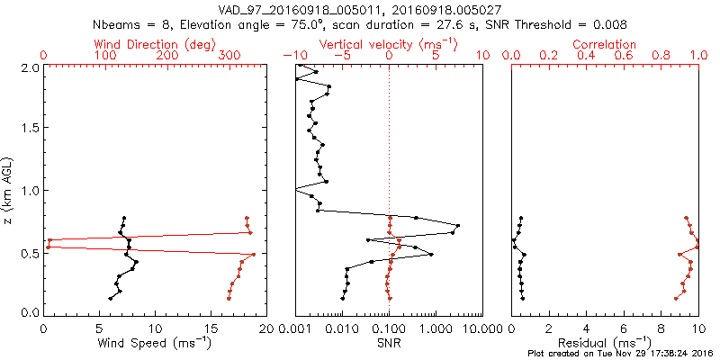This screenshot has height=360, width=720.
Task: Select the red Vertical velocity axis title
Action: pyautogui.click(x=389, y=44)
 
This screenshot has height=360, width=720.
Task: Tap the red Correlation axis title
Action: pyautogui.click(x=605, y=44)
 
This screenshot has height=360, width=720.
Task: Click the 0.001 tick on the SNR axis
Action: pyautogui.click(x=295, y=327)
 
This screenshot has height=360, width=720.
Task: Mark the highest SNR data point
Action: pyautogui.click(x=458, y=225)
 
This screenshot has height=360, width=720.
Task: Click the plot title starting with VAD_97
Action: pyautogui.click(x=360, y=9)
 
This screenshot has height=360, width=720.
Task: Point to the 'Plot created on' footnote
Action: pyautogui.click(x=620, y=354)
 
